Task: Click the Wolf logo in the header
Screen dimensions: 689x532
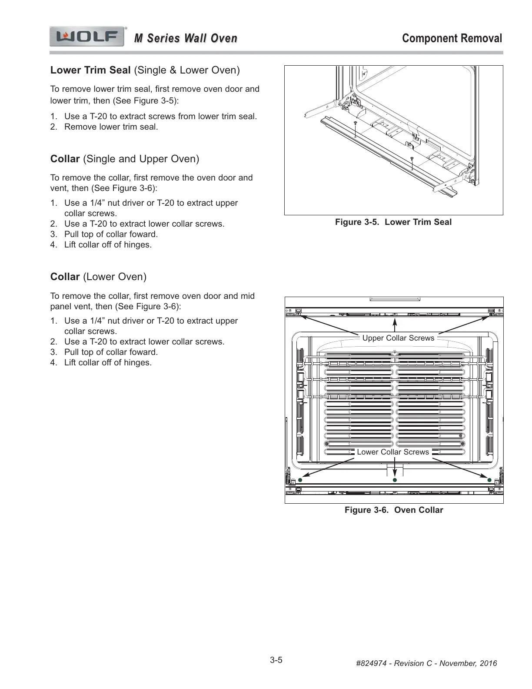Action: pos(87,37)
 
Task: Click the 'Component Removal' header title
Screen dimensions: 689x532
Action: pos(452,38)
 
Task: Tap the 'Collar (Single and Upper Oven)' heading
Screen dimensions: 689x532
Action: pos(125,159)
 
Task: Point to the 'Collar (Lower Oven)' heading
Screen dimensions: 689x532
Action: pos(98,277)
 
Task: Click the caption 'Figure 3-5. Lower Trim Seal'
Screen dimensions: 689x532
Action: pos(393,222)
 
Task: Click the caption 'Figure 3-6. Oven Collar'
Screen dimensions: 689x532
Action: pos(394,510)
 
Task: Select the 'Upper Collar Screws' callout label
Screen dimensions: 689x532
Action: pos(398,338)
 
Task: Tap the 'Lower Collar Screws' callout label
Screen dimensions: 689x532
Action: pos(392,452)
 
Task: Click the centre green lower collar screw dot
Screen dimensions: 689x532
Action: pos(395,480)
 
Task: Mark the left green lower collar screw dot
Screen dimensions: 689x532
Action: pos(300,480)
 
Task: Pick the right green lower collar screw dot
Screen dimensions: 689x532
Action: pos(489,480)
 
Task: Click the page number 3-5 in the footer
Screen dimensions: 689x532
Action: pos(276,660)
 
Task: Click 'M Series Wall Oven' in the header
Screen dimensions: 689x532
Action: pos(186,39)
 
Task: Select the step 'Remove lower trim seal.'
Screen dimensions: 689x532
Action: pos(111,127)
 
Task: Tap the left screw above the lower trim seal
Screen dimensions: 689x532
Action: pos(356,124)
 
